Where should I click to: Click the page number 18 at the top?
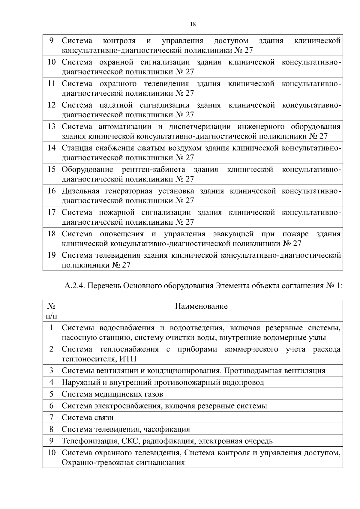point(193,25)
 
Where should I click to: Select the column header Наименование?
point(201,306)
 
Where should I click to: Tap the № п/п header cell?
point(51,311)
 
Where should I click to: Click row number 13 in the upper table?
point(52,126)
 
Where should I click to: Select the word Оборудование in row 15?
point(87,169)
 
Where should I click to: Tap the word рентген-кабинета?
point(153,169)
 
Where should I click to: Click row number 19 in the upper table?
point(52,255)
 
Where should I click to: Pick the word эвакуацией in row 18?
point(233,234)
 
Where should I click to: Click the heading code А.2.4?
point(75,286)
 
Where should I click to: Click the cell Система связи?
point(88,417)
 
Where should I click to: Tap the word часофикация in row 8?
point(166,429)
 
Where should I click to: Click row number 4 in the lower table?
point(51,382)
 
